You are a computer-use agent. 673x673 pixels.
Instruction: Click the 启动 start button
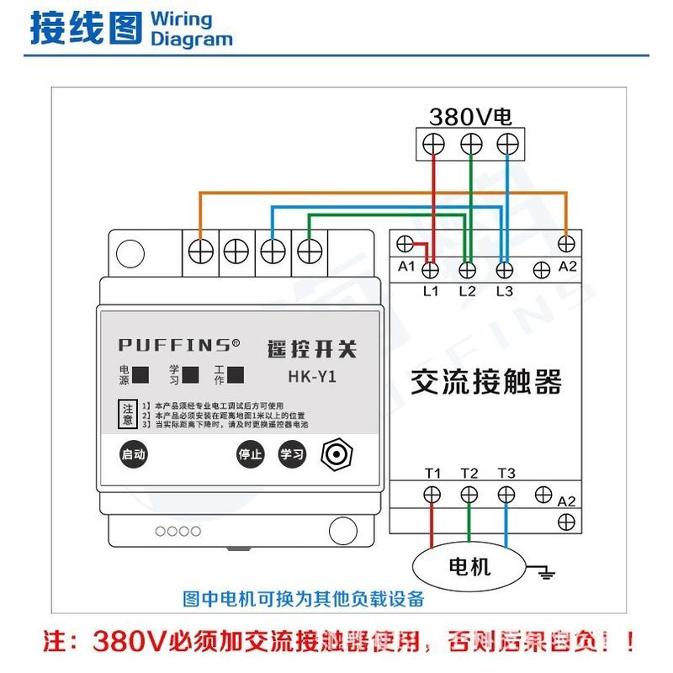coord(133,454)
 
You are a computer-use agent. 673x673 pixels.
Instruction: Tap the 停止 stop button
coord(250,454)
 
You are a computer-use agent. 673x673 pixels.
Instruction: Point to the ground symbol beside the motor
coord(546,574)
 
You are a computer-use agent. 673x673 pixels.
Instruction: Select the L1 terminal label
coord(431,291)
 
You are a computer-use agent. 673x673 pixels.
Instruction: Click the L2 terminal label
coord(468,291)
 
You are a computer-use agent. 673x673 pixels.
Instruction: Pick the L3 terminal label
coord(504,291)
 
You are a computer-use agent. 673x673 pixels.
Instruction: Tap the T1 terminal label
coord(432,474)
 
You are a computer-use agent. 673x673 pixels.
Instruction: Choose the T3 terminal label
coord(506,474)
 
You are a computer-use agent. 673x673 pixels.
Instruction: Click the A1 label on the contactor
coord(407,267)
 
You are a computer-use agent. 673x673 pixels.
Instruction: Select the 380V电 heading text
coord(470,116)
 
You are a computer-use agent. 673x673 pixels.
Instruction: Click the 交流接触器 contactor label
coord(485,383)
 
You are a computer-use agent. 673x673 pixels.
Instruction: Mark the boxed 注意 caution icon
coord(127,413)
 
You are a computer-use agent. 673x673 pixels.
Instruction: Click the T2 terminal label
coord(469,474)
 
